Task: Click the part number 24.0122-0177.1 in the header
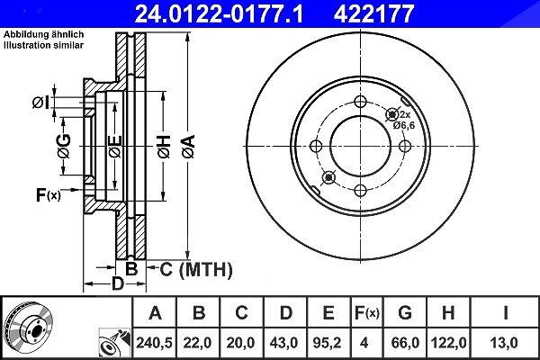(219, 13)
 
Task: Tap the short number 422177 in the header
(373, 13)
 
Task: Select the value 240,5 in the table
(154, 343)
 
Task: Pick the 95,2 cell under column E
(328, 343)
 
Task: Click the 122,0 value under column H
(448, 343)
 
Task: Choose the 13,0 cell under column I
(504, 343)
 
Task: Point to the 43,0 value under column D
(283, 343)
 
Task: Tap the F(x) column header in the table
(367, 313)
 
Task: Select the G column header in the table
(405, 313)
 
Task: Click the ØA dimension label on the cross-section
(188, 147)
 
